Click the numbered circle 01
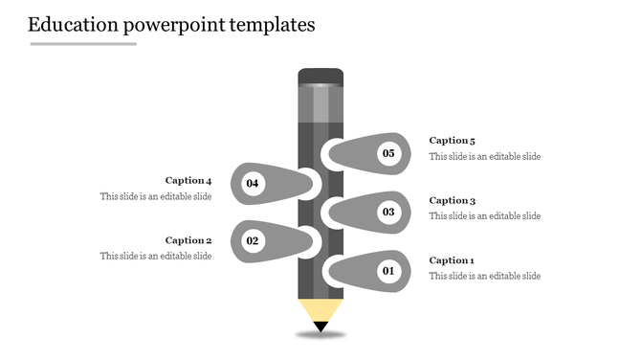click(388, 272)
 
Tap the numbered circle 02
click(253, 241)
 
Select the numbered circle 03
click(388, 212)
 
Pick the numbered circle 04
click(253, 183)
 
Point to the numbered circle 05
click(388, 153)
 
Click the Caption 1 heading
click(452, 260)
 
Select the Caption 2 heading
click(188, 240)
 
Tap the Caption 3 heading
click(452, 200)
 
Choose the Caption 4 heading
click(188, 180)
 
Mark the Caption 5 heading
click(452, 141)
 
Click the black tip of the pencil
click(320, 327)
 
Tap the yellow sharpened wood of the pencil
click(320, 310)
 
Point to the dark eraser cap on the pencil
click(320, 77)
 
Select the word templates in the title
click(272, 25)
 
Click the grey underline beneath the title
click(83, 44)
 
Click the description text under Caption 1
click(484, 276)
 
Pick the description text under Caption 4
click(156, 196)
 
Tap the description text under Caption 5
click(484, 156)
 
